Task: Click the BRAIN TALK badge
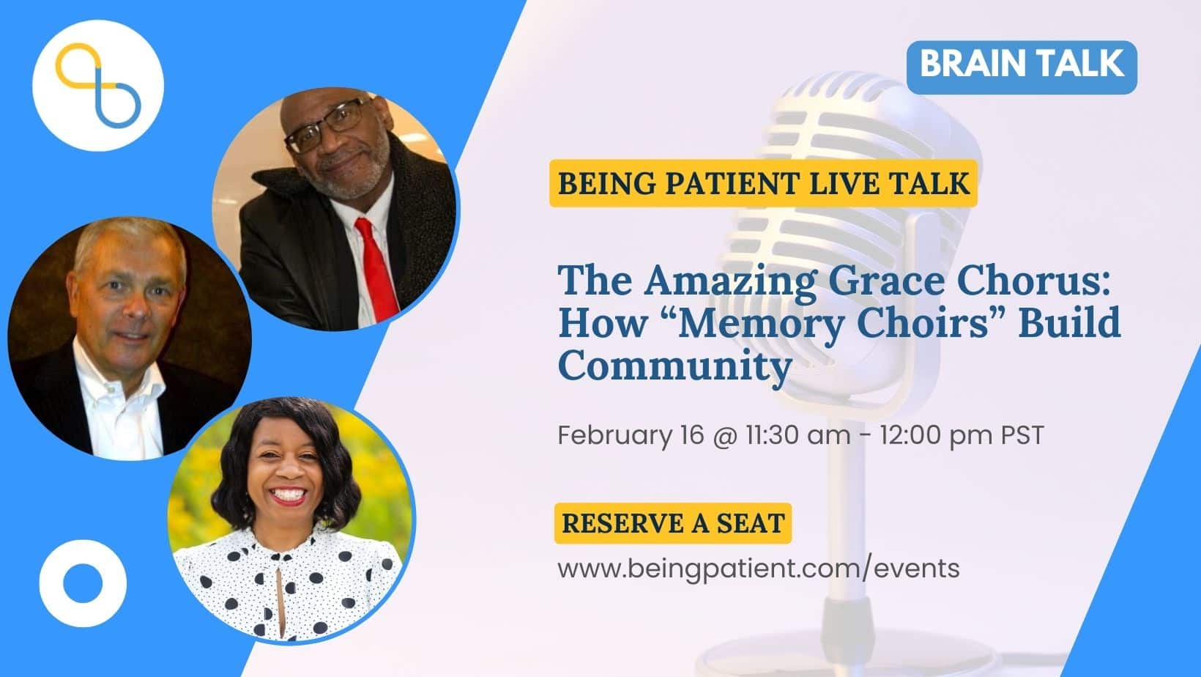coord(1022,67)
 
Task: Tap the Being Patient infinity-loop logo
coord(98,86)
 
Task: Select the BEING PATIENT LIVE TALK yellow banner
coord(763,183)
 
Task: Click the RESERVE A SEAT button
coord(673,523)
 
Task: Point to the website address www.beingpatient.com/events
coord(758,569)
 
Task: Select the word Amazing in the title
coord(731,282)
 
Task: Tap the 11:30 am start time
coord(797,435)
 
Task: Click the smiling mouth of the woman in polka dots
coord(288,496)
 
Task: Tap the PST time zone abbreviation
coord(1022,435)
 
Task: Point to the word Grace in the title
coord(888,281)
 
